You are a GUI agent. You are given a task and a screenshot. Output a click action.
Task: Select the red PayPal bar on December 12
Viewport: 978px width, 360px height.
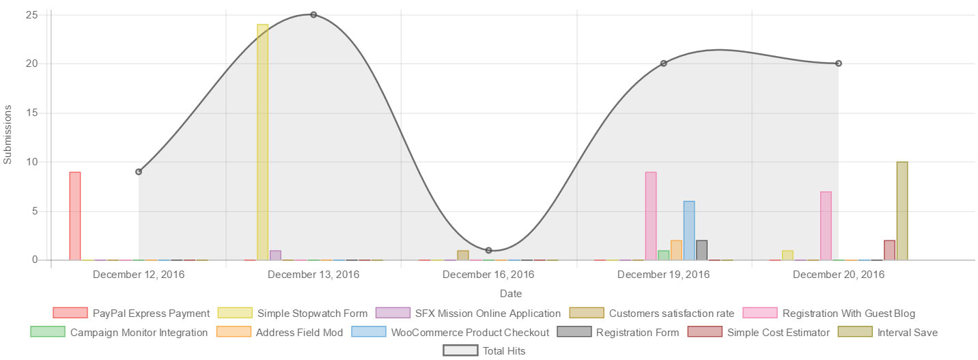pyautogui.click(x=75, y=216)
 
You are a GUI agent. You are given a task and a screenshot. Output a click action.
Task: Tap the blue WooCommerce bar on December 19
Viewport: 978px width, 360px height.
pyautogui.click(x=689, y=230)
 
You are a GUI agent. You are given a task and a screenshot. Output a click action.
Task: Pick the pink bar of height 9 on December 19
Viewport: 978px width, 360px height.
pyautogui.click(x=651, y=216)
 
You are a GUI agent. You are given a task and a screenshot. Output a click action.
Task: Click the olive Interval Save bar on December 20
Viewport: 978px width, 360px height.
pyautogui.click(x=902, y=211)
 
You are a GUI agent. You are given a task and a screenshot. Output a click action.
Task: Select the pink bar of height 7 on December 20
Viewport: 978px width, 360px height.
pyautogui.click(x=826, y=225)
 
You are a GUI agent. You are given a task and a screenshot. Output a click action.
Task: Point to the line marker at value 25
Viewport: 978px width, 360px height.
pyautogui.click(x=313, y=14)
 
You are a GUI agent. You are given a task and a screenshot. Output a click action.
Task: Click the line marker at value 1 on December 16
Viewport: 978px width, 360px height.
pyautogui.click(x=488, y=250)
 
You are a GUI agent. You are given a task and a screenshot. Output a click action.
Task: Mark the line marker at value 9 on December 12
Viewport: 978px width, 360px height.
pyautogui.click(x=139, y=171)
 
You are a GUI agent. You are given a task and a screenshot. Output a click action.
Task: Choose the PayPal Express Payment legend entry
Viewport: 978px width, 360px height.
pyautogui.click(x=131, y=313)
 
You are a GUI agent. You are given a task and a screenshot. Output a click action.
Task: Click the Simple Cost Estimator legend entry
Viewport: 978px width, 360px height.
pyautogui.click(x=759, y=332)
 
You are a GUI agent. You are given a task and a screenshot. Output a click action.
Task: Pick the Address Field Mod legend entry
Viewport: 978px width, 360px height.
pyautogui.click(x=280, y=332)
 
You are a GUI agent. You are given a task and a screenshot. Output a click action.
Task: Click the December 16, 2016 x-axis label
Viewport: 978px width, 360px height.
pyautogui.click(x=488, y=275)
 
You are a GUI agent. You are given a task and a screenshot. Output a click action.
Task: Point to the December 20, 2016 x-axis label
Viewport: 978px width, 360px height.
pyautogui.click(x=839, y=275)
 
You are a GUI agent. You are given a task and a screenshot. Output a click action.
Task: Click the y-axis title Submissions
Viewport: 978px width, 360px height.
pyautogui.click(x=8, y=135)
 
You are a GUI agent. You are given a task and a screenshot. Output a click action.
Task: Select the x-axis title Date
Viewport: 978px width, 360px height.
pyautogui.click(x=511, y=294)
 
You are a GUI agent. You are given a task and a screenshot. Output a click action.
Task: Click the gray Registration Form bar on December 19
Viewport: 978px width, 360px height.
pyautogui.click(x=701, y=250)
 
